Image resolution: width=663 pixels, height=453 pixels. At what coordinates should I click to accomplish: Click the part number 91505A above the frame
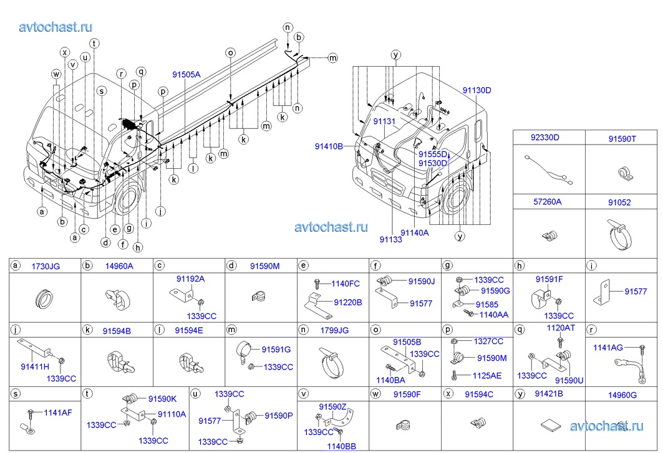pyautogui.click(x=186, y=74)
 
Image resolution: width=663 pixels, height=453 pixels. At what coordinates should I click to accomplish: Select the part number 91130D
pyautogui.click(x=477, y=90)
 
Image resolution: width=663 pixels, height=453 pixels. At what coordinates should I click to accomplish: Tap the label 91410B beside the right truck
pyautogui.click(x=329, y=146)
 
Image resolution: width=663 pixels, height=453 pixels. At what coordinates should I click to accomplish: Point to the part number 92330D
pyautogui.click(x=545, y=137)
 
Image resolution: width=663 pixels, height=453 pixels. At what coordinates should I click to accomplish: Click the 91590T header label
pyautogui.click(x=622, y=137)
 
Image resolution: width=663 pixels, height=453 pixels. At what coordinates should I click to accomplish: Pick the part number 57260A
pyautogui.click(x=546, y=201)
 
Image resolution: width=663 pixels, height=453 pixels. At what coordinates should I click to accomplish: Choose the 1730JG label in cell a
pyautogui.click(x=46, y=266)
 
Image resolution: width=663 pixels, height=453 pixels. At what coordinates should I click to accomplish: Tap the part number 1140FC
pyautogui.click(x=346, y=284)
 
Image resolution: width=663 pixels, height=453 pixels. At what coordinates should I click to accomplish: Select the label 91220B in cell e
pyautogui.click(x=347, y=302)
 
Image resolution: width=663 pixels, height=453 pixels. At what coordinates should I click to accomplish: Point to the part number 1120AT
pyautogui.click(x=561, y=327)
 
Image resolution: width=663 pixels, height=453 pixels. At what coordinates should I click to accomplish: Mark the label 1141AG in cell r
pyautogui.click(x=608, y=348)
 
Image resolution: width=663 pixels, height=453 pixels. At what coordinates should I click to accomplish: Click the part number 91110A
pyautogui.click(x=172, y=413)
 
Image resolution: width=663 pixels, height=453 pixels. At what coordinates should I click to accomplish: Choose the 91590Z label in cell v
pyautogui.click(x=332, y=406)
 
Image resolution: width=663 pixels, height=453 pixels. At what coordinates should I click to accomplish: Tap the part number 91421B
pyautogui.click(x=549, y=394)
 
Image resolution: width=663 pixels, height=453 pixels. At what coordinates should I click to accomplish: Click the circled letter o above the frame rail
pyautogui.click(x=230, y=53)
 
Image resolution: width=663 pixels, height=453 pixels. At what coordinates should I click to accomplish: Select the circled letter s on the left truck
pyautogui.click(x=101, y=91)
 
